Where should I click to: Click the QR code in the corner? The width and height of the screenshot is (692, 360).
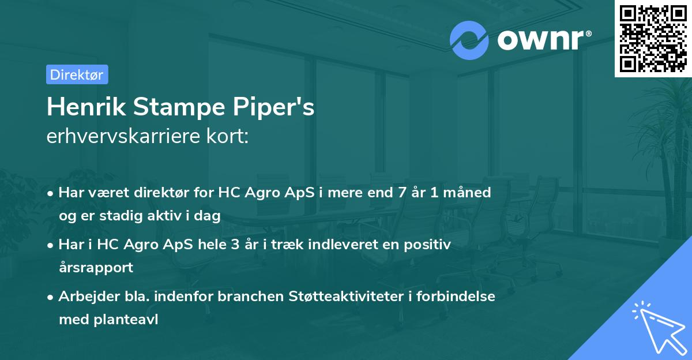pos(653,39)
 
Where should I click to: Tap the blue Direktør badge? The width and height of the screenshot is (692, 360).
pos(77,74)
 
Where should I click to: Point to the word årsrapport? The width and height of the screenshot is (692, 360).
pos(96,267)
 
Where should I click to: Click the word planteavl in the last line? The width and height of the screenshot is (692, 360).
pos(127,319)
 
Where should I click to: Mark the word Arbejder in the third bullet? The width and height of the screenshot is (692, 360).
pos(84,297)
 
